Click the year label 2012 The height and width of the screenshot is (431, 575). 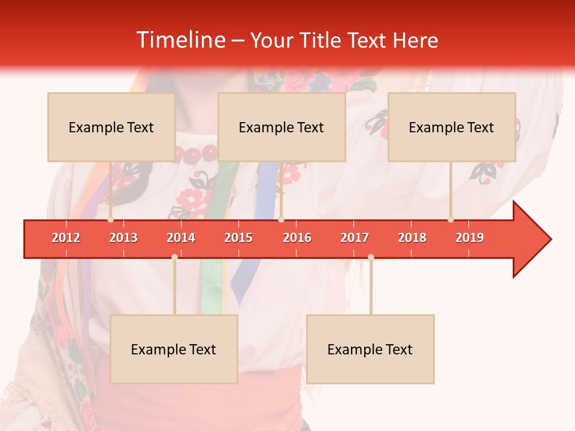coord(66,238)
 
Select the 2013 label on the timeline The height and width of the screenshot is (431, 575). coord(123,238)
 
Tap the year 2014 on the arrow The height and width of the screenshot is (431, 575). coord(181,238)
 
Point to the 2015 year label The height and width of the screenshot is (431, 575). coord(238,238)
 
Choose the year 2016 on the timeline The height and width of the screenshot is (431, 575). coord(297,238)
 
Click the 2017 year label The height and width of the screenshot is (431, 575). coord(355,238)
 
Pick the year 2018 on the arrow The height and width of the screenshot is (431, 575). coord(412,238)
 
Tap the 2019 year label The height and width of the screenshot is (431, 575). coord(470,238)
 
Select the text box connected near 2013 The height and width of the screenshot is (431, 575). coord(111,127)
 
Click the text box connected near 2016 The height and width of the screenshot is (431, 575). coord(282,127)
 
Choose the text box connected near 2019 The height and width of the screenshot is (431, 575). coord(452,127)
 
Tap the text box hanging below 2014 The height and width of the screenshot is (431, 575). coord(174,349)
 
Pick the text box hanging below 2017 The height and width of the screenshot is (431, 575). coord(370,349)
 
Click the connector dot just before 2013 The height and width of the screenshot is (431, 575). coord(110,220)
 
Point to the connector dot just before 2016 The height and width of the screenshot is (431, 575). coord(281,220)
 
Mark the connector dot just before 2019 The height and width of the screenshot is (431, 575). coord(450,220)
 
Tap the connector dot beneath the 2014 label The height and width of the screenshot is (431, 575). coord(174,257)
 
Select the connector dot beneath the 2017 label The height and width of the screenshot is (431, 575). coord(371,257)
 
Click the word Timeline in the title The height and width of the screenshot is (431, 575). coord(180,40)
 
